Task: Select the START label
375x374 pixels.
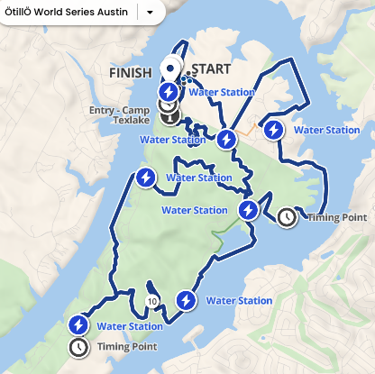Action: coord(212,69)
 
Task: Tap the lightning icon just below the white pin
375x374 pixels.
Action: coord(169,91)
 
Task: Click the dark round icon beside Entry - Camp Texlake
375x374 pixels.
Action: coord(169,113)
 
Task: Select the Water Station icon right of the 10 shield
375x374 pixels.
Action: coord(187,300)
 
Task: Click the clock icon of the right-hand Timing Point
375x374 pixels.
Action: coord(287,217)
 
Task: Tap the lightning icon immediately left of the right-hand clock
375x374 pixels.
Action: coord(249,211)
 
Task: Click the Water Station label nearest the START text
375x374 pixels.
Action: coord(222,92)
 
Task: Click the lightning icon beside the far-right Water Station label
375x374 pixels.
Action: coord(273,130)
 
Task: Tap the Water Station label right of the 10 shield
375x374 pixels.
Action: coord(239,300)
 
